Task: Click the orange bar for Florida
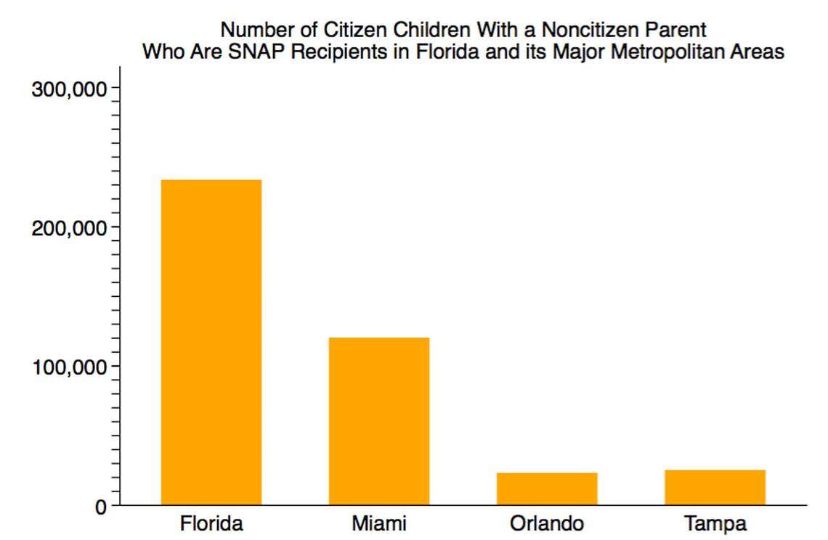click(211, 342)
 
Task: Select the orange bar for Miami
click(379, 421)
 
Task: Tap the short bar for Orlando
click(547, 488)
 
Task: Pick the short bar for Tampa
click(715, 487)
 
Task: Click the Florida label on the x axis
click(211, 524)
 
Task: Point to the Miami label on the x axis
click(379, 524)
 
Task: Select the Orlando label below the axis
click(547, 524)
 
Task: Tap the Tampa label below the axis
click(715, 524)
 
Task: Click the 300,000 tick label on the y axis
click(70, 89)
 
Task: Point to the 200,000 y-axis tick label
click(70, 228)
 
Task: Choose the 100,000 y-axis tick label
click(70, 367)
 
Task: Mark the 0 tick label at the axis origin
click(100, 507)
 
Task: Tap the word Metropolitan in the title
click(678, 52)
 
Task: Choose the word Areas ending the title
click(760, 52)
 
